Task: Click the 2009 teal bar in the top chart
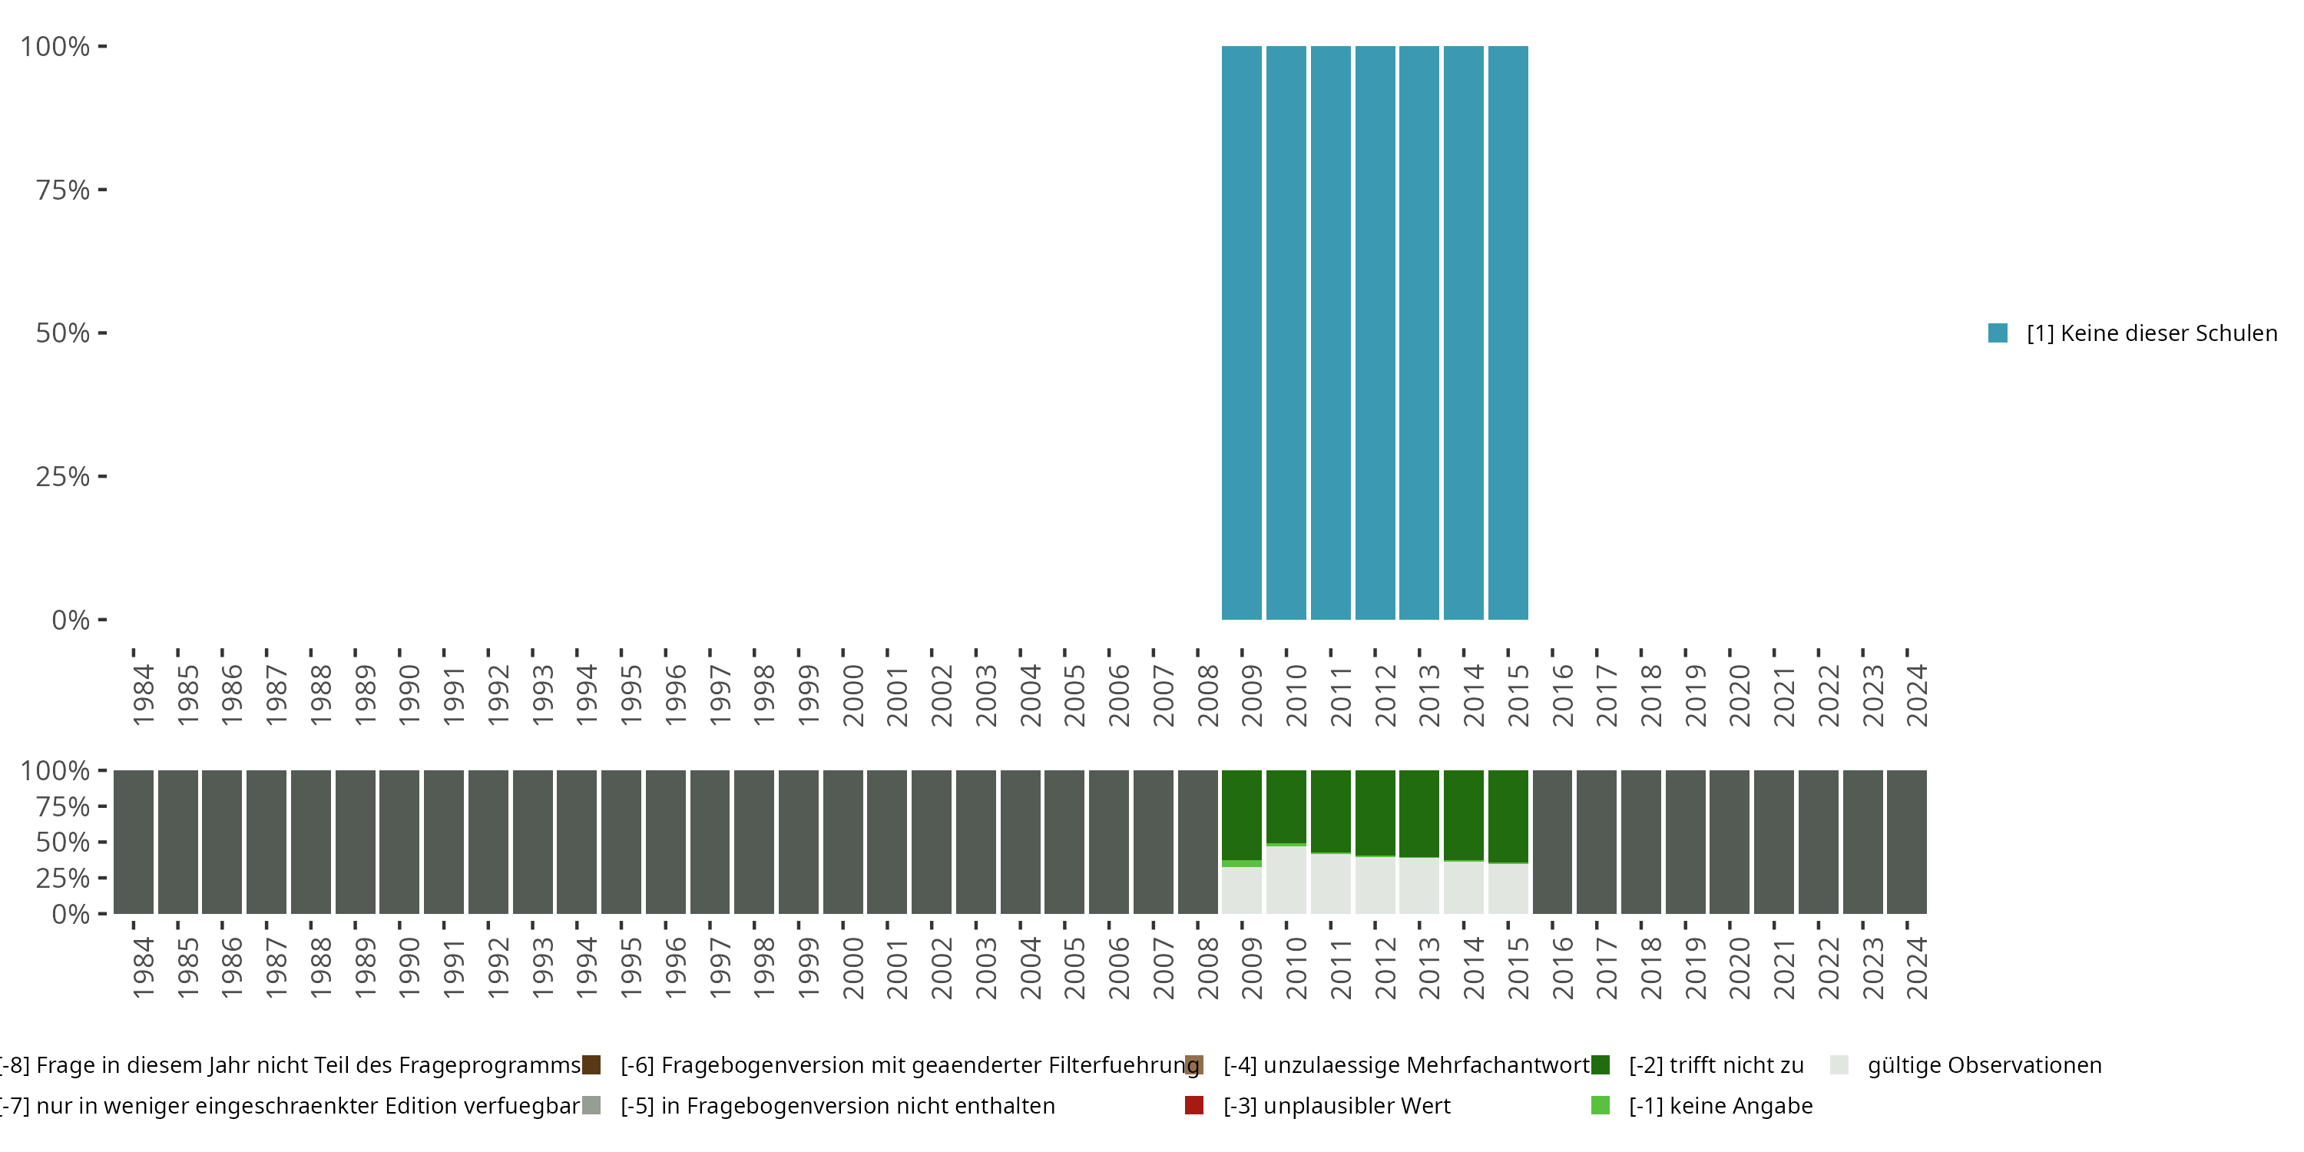pos(1241,333)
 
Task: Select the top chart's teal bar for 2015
pos(1508,333)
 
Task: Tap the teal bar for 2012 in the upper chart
pos(1375,333)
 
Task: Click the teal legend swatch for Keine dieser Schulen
pos(1998,333)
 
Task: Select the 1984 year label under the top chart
pos(143,695)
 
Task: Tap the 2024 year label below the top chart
pos(1917,695)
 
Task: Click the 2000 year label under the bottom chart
pos(852,968)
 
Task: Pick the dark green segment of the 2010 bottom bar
pos(1286,806)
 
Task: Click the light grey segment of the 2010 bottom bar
pos(1286,880)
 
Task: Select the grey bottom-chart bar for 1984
pos(134,842)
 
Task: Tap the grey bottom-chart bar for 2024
pos(1907,842)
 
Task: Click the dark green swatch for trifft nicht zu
pos(1600,1064)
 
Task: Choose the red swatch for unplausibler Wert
pos(1194,1105)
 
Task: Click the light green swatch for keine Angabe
pos(1600,1105)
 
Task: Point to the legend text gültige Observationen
pos(1984,1064)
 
